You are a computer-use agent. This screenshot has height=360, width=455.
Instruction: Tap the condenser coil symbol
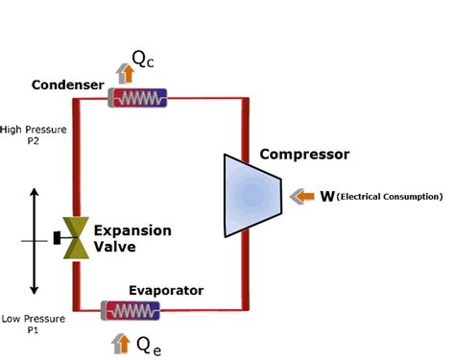pos(137,98)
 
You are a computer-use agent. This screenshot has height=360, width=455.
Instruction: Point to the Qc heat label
pos(143,60)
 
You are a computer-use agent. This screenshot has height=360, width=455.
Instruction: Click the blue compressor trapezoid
pos(251,196)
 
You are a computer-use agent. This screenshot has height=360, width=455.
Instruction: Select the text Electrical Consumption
pos(390,197)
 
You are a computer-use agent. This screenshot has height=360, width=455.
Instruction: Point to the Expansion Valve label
pos(132,238)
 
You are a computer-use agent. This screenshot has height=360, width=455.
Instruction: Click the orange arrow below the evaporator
pos(120,341)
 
